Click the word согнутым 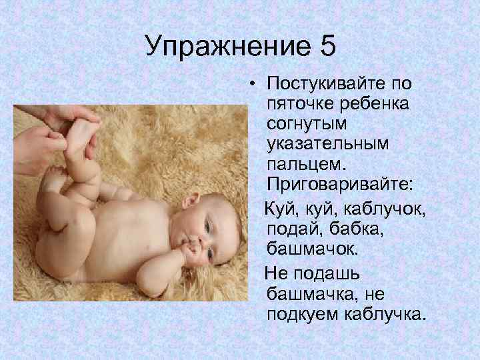pos(302,124)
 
